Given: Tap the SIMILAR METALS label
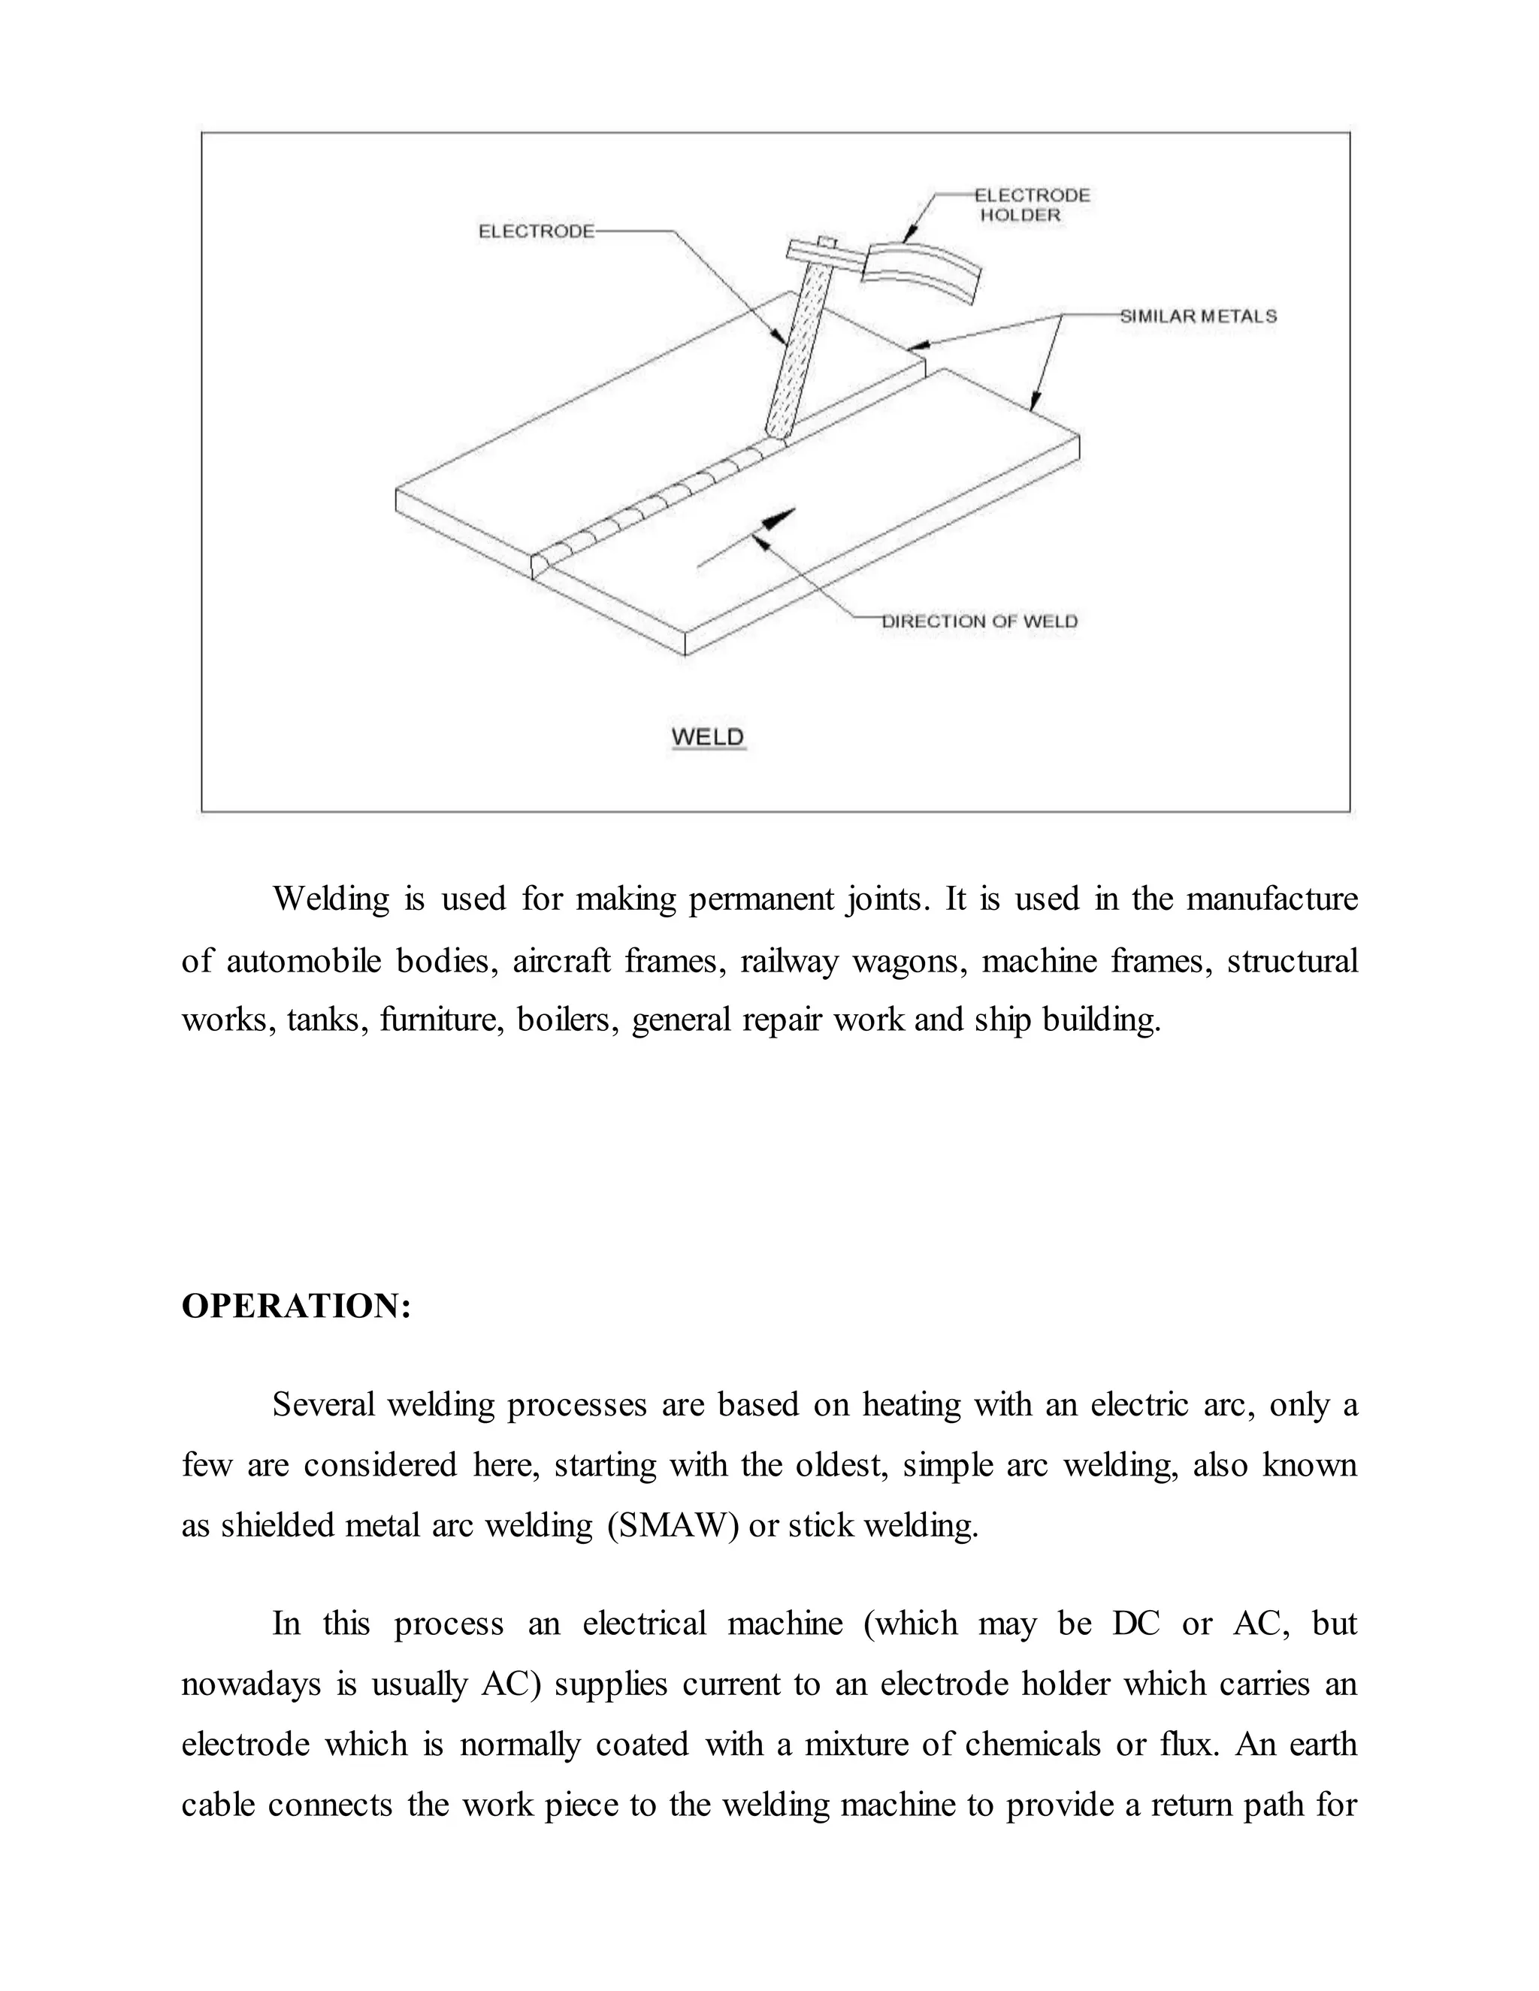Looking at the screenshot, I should pos(1198,316).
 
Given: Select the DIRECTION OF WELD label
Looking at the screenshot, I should pos(980,622).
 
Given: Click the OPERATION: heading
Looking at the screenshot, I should pos(296,1306).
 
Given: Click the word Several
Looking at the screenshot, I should pos(324,1405).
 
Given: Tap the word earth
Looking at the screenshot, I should pos(1323,1744).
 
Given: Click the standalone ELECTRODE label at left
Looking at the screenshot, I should pos(536,231).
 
